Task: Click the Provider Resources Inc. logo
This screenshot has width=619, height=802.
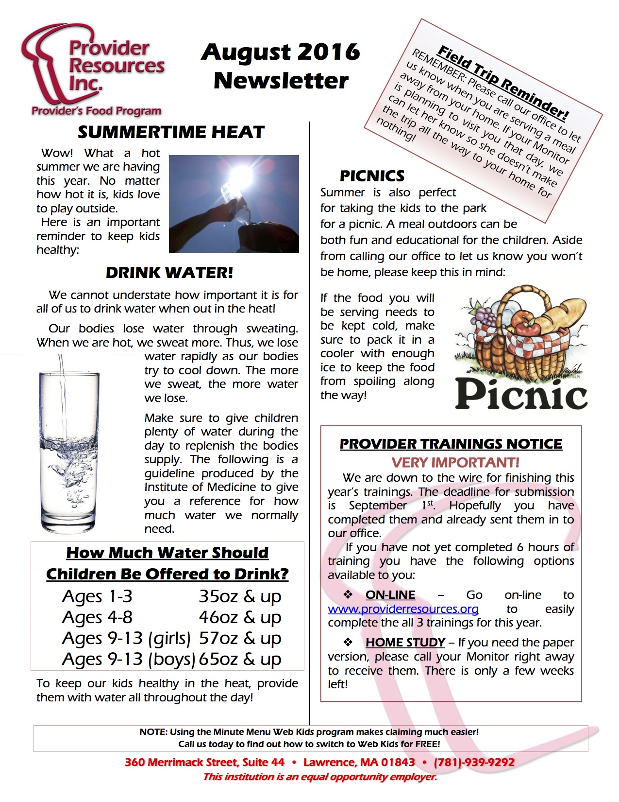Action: coord(92,68)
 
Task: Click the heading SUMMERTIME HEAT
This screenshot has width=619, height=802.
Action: coord(171,132)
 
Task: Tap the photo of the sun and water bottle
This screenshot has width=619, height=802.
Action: coord(234,204)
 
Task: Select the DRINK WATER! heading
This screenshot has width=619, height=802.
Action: coord(169,273)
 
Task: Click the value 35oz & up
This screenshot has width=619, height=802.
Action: coord(240,596)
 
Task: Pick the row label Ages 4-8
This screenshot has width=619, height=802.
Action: coord(97,617)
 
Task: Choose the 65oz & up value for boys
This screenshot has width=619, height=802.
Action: coord(240,659)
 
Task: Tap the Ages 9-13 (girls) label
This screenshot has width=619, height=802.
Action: coord(126,638)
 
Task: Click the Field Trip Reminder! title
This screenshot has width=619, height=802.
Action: coord(502,83)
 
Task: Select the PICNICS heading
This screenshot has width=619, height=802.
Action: coord(372,175)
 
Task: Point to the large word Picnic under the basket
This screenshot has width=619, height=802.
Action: coord(521,395)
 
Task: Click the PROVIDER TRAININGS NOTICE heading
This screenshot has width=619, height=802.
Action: coord(451,444)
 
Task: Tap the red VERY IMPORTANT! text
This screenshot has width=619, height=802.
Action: coord(455,462)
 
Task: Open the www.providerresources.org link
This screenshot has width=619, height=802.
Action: coord(403,609)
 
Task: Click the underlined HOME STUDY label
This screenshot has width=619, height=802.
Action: coord(405,643)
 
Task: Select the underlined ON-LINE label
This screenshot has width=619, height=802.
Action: coord(390,595)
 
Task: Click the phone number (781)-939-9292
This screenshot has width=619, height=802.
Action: coord(474,762)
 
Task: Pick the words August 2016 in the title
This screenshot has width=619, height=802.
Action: coord(281,52)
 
